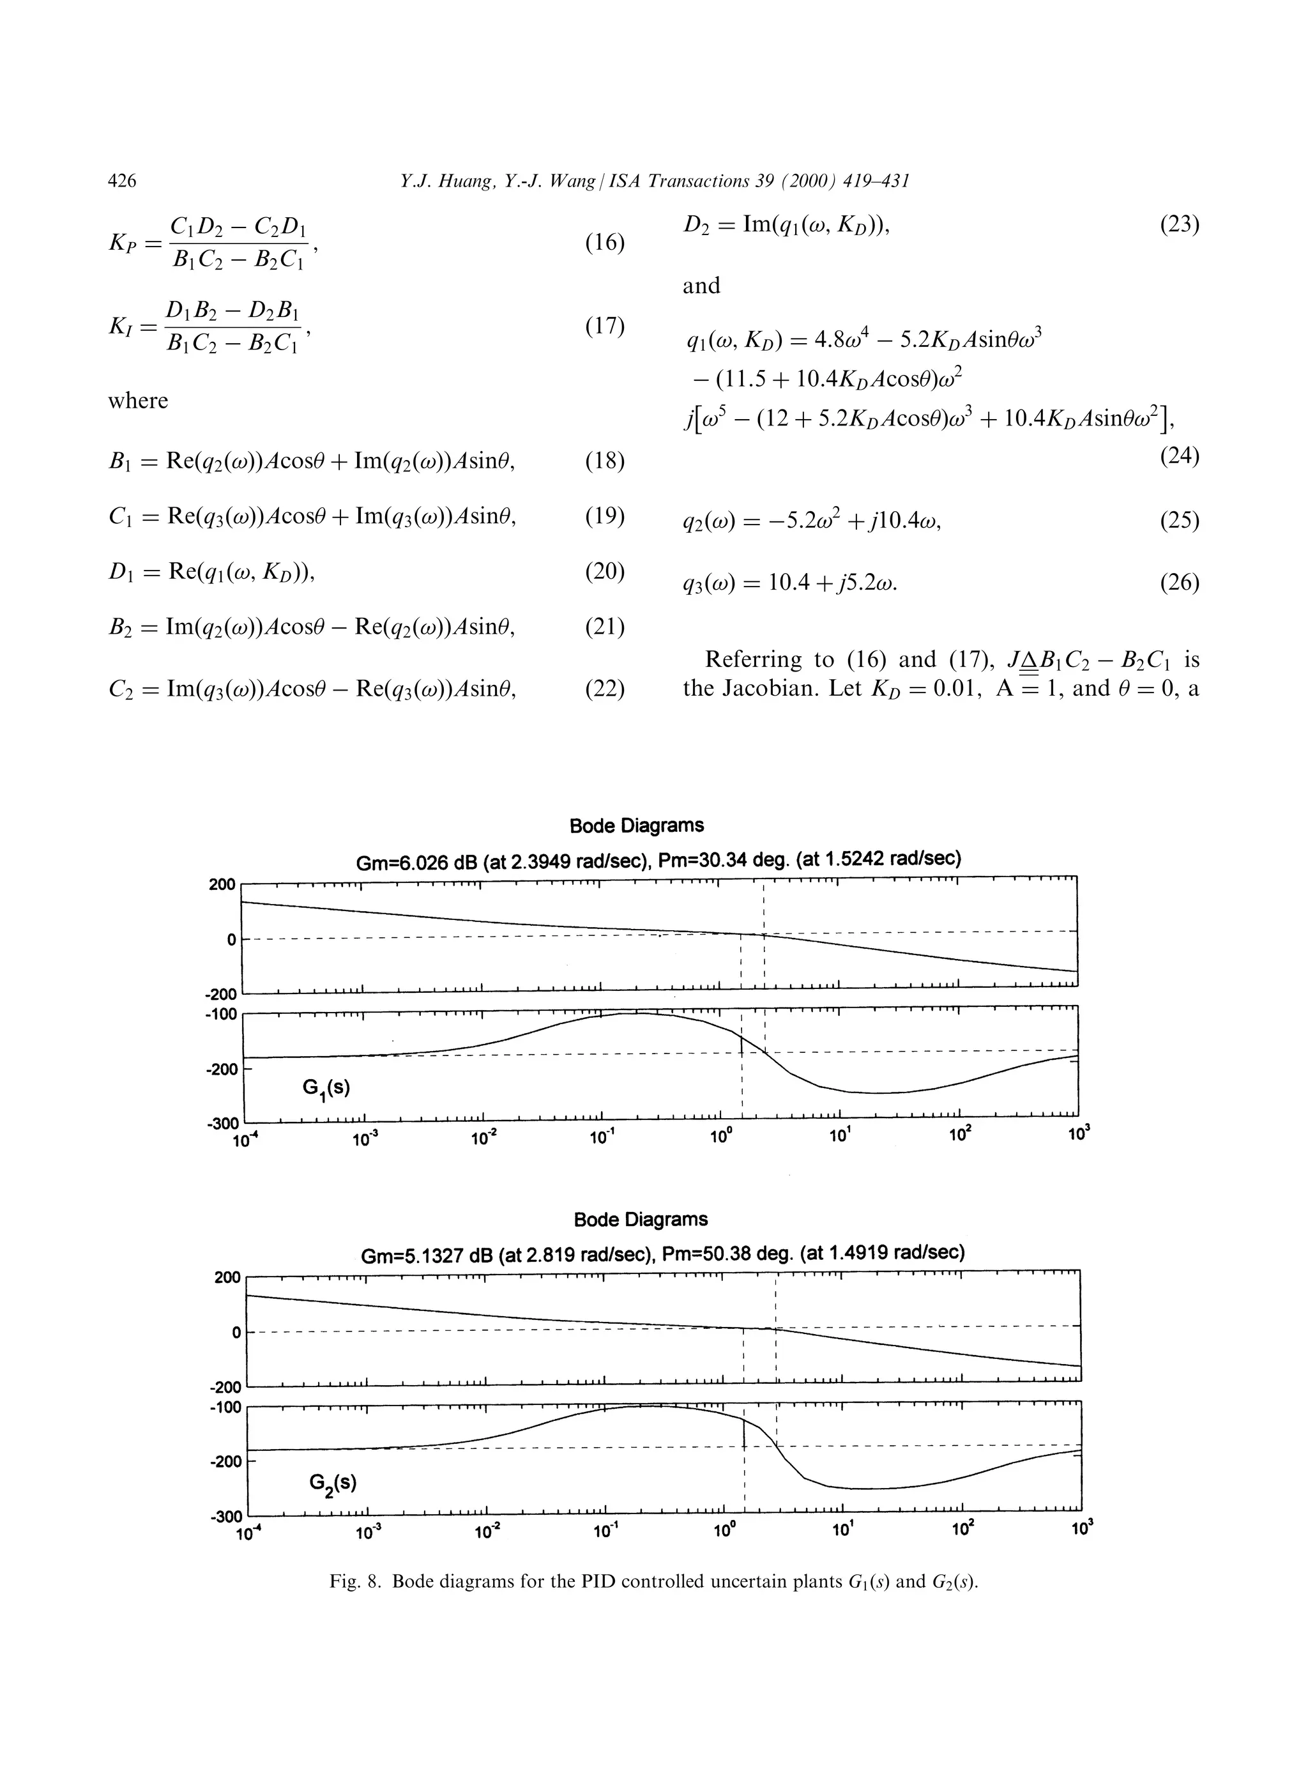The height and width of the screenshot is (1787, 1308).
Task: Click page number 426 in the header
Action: (122, 181)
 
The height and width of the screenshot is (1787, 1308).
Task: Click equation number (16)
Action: (605, 242)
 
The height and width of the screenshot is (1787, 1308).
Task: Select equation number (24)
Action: (1180, 456)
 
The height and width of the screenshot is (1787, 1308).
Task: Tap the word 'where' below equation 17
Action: (138, 401)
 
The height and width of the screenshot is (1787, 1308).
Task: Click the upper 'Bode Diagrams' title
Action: (637, 825)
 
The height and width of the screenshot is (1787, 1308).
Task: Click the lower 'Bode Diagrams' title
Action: (641, 1219)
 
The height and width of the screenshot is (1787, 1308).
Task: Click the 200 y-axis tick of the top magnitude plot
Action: (222, 884)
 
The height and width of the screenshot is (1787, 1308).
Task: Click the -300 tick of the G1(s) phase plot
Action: (224, 1123)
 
